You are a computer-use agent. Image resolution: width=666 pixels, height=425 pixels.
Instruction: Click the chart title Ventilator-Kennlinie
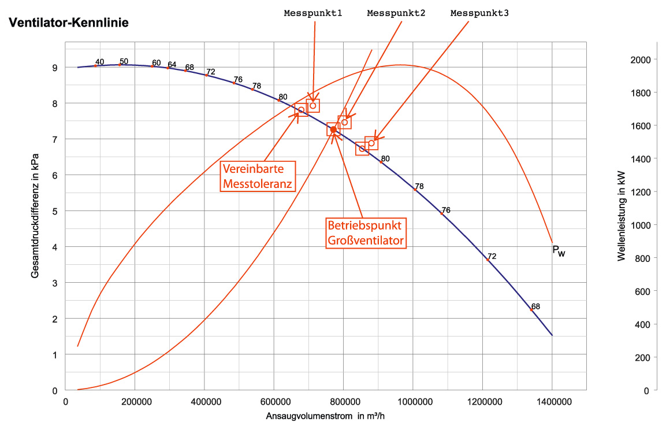tap(68, 23)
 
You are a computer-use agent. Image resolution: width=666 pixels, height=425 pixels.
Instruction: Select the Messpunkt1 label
tap(313, 13)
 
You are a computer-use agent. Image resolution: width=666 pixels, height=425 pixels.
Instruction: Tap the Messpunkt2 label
tap(396, 13)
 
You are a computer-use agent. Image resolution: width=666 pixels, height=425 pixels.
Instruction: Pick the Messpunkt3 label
tap(479, 13)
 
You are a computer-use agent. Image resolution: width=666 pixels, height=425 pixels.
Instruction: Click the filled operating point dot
tap(333, 129)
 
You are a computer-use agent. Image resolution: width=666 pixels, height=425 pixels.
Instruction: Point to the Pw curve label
tap(559, 250)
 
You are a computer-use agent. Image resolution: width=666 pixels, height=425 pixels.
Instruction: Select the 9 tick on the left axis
tap(54, 68)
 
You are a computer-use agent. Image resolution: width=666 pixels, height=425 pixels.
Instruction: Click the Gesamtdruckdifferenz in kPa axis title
tap(35, 216)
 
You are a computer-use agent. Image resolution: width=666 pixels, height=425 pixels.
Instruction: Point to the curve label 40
tap(99, 62)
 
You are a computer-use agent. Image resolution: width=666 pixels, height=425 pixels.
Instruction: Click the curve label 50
tap(124, 61)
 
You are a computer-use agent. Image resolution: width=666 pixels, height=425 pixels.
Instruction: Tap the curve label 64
tap(172, 64)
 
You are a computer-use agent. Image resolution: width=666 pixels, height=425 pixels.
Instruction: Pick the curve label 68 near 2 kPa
tap(535, 306)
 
